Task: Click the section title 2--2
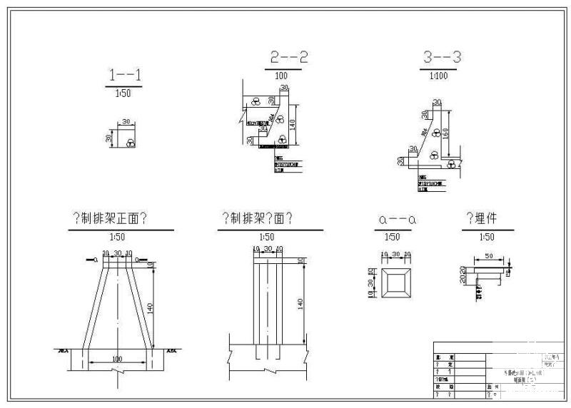[289, 58]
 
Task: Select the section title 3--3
[441, 58]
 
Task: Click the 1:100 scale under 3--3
[439, 75]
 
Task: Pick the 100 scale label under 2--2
[281, 75]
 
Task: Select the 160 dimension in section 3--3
[446, 133]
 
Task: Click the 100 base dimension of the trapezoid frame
[118, 359]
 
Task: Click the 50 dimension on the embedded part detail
[487, 255]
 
